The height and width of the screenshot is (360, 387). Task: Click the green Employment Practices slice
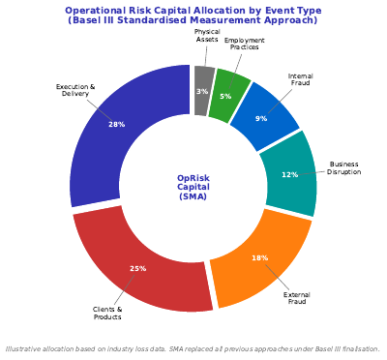pyautogui.click(x=230, y=92)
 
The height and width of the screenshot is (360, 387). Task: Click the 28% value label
pyautogui.click(x=117, y=124)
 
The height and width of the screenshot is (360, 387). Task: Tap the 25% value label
pyautogui.click(x=138, y=268)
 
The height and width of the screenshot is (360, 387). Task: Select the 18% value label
pyautogui.click(x=259, y=258)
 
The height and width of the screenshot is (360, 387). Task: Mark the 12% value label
pyautogui.click(x=289, y=175)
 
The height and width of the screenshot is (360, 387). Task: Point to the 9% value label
pyautogui.click(x=261, y=119)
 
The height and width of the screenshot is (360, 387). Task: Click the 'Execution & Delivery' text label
pyautogui.click(x=75, y=91)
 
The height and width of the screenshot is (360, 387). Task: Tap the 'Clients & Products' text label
pyautogui.click(x=107, y=314)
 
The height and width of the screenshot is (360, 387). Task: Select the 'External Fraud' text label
pyautogui.click(x=297, y=298)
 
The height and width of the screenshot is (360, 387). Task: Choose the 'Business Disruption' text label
pyautogui.click(x=344, y=168)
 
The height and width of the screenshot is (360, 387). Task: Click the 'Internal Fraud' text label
pyautogui.click(x=301, y=79)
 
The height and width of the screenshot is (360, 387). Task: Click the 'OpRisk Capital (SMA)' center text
pyautogui.click(x=193, y=187)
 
